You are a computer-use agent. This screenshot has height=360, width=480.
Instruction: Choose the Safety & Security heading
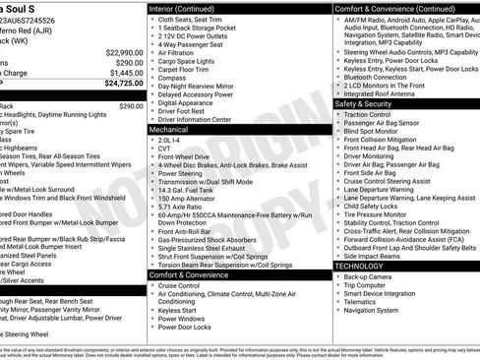363,102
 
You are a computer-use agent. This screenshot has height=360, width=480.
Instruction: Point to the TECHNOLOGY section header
359,266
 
